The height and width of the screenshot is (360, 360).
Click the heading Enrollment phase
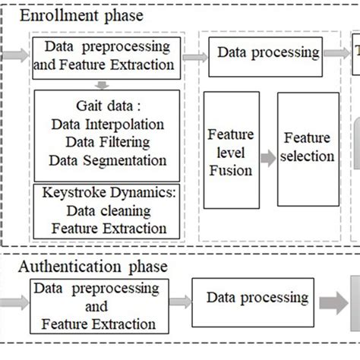coord(81,15)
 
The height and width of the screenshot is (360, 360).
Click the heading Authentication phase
coord(92,267)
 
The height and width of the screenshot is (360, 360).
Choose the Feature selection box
coord(308,148)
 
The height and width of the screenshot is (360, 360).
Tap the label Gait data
coord(106,105)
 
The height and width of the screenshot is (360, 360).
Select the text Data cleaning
coord(107,210)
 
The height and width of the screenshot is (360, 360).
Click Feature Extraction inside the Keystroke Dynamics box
coord(107,227)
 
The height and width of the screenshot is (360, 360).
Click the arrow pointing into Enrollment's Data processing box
coord(194,55)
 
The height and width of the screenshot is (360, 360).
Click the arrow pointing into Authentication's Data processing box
coord(178,302)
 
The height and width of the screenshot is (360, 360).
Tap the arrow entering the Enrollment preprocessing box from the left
coord(15,55)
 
